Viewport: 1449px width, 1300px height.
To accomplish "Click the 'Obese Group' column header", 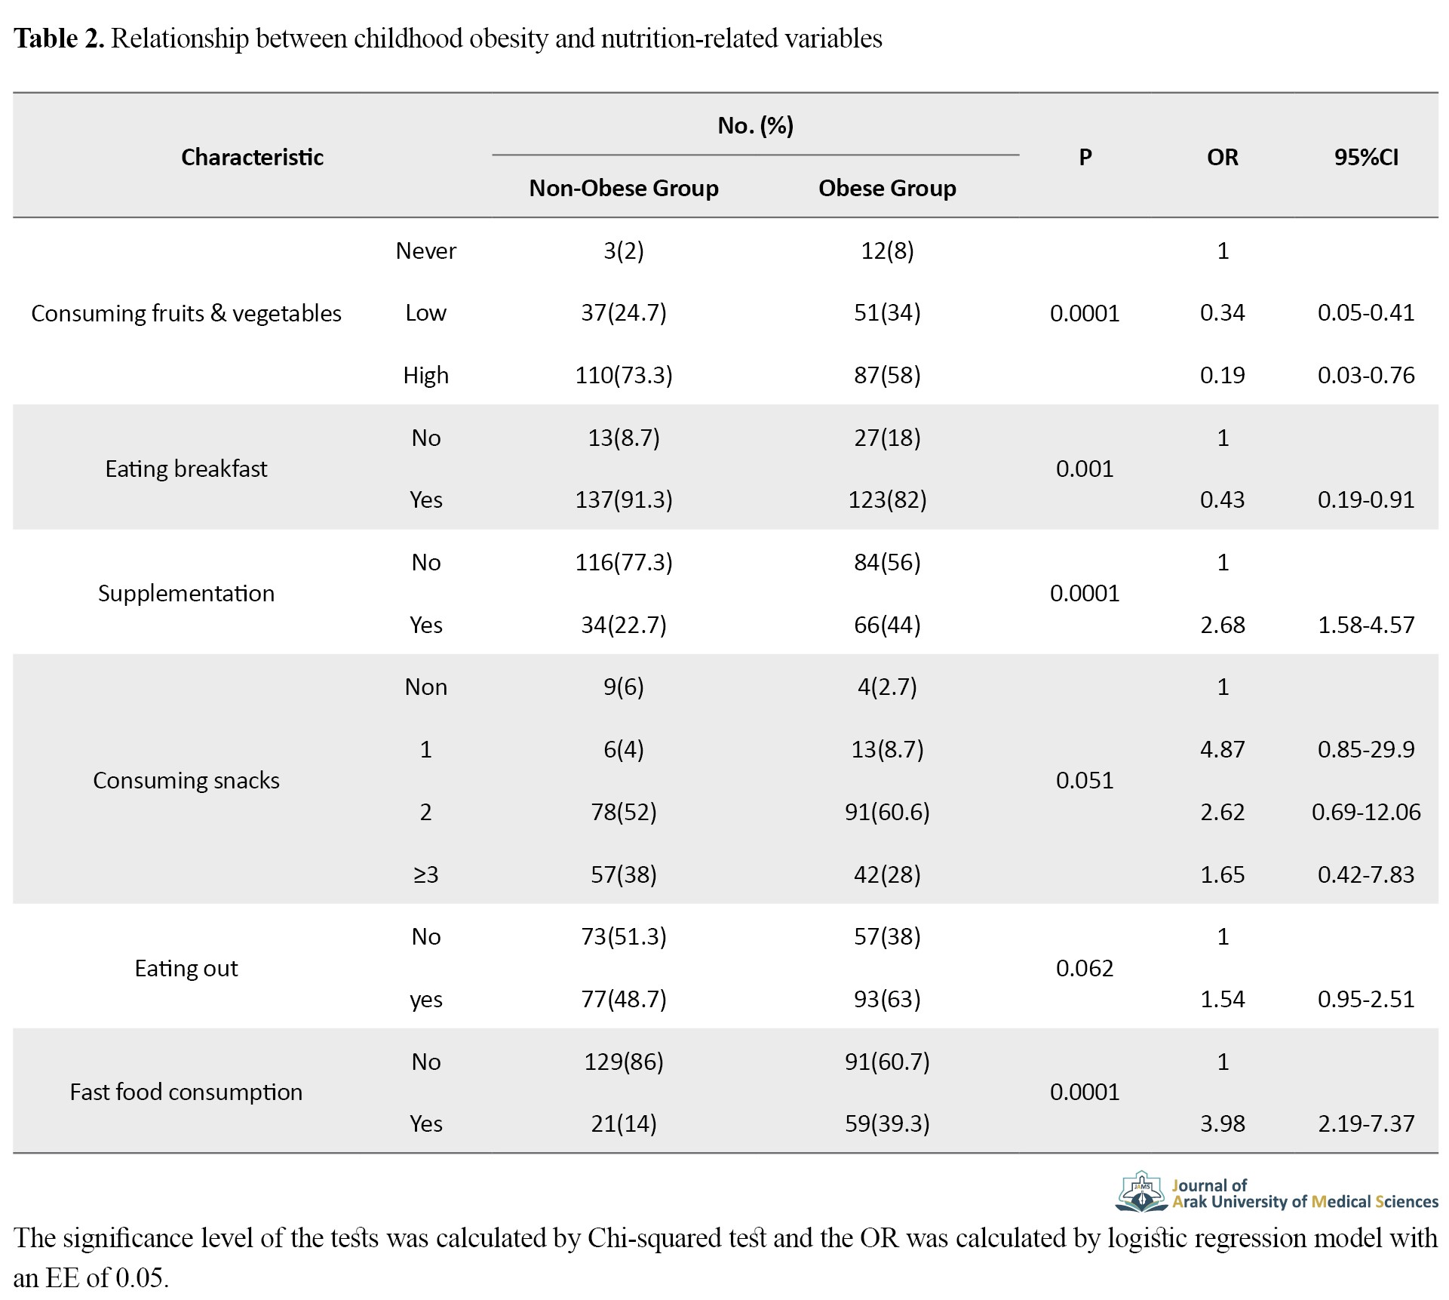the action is [x=887, y=188].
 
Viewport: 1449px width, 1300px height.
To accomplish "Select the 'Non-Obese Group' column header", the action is [x=624, y=188].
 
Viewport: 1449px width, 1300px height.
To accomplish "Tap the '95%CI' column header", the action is [x=1366, y=157].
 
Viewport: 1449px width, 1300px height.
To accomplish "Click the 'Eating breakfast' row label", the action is [x=186, y=469].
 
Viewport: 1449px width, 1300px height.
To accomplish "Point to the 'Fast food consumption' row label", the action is [x=186, y=1092].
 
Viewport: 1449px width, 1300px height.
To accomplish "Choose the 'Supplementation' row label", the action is [x=186, y=593].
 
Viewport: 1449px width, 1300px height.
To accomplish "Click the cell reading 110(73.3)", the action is [x=624, y=375].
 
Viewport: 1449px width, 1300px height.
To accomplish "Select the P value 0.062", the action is [x=1085, y=968].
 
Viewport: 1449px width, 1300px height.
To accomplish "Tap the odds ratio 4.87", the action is [x=1223, y=749].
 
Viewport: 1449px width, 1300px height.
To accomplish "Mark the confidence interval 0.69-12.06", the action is [x=1366, y=812].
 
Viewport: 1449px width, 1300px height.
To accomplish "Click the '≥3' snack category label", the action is [x=426, y=874].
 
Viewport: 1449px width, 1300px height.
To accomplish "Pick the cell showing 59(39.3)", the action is [x=887, y=1123].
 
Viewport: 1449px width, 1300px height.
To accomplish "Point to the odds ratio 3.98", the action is [x=1223, y=1123].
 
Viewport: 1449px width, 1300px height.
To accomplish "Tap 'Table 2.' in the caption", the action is [x=59, y=38].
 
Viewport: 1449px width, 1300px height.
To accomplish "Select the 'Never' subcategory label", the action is [x=426, y=250].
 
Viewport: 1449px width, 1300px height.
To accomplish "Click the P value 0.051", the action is [x=1085, y=780].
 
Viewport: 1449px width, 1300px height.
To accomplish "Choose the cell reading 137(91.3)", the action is [x=624, y=499].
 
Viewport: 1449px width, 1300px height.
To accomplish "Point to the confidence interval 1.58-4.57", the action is [x=1366, y=625].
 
